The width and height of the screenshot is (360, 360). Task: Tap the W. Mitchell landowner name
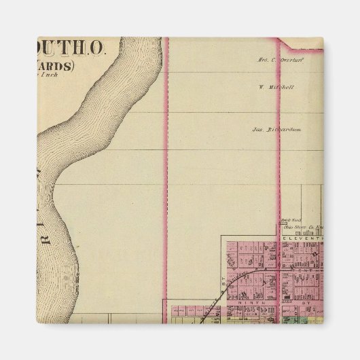[x=276, y=87]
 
